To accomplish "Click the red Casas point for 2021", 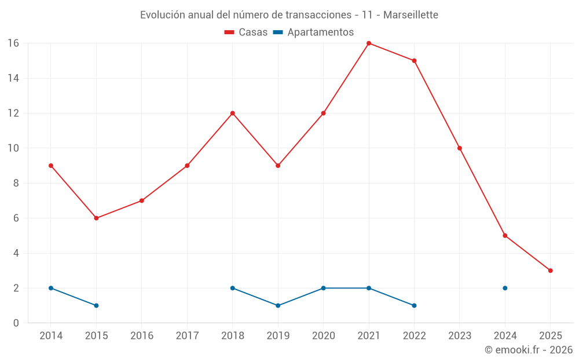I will (x=369, y=43).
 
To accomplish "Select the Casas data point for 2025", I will (x=550, y=270).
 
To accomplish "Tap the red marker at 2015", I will (x=96, y=218).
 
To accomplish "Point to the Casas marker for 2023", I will (x=460, y=148).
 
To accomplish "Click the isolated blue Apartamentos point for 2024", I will (x=505, y=288).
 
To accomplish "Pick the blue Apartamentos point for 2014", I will (x=51, y=288).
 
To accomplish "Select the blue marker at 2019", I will (x=278, y=305).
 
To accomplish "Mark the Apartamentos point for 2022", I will (x=414, y=305).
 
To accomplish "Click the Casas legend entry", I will (x=246, y=32).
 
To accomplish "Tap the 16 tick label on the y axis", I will (x=13, y=43).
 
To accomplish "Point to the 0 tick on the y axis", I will (x=16, y=323).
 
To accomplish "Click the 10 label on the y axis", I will (x=13, y=148).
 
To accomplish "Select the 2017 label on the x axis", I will (x=187, y=336).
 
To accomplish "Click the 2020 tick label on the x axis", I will (x=323, y=336).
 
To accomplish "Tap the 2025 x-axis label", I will (x=550, y=336).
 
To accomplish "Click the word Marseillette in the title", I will (x=412, y=14).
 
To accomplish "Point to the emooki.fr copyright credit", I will (x=528, y=350).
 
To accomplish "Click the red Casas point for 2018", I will (x=232, y=114).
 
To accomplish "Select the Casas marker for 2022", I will (x=414, y=61).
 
